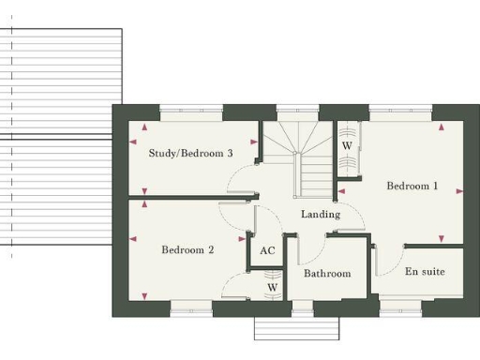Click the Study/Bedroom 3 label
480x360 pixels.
(x=190, y=153)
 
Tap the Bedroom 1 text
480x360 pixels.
(x=412, y=186)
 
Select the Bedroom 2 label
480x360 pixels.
(x=187, y=249)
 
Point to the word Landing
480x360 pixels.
(x=320, y=215)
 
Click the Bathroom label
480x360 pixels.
(x=327, y=274)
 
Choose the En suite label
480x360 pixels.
(x=425, y=272)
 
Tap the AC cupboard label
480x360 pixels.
(x=267, y=250)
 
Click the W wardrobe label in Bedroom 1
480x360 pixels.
(x=347, y=146)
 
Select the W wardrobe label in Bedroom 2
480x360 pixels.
(x=272, y=287)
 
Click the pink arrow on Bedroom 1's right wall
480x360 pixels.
(x=459, y=191)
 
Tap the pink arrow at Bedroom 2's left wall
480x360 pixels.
(x=137, y=238)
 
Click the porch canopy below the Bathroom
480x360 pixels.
(x=297, y=329)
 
